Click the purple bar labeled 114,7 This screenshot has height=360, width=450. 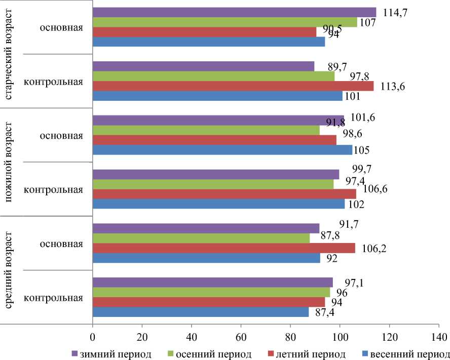click(234, 12)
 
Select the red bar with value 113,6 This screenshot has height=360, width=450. click(233, 86)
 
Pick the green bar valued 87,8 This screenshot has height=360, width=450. click(201, 238)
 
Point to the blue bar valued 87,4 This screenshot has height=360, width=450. click(200, 312)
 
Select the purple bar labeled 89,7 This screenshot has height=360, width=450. click(203, 66)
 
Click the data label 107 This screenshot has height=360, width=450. click(366, 23)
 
